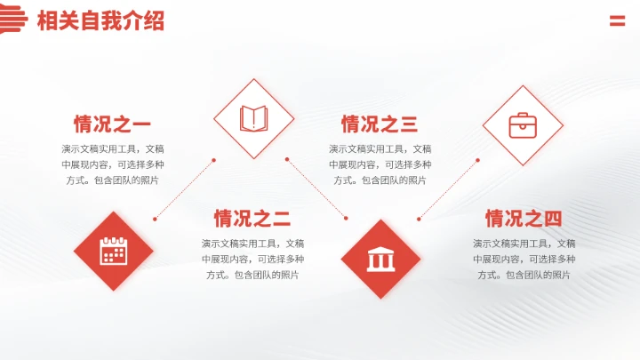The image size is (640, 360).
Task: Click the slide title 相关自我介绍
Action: coord(100,21)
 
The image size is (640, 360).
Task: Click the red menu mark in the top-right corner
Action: coord(617,21)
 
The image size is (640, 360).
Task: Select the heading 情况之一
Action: coord(112,124)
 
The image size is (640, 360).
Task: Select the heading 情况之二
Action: coord(252,219)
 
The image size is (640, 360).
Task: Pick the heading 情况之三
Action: coord(380,124)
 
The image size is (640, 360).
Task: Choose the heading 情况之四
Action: coord(524,219)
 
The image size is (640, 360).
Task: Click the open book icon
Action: coord(254,118)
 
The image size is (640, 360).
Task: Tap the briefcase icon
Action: coord(523,125)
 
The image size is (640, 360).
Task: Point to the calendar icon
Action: coord(114,251)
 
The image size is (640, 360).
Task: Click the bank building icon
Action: coord(381,259)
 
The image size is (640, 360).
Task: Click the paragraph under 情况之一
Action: coord(112,164)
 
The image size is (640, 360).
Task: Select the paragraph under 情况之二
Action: coord(252,259)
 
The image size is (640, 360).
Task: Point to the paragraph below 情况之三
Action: coord(380,164)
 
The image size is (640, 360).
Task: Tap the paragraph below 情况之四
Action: coord(524,259)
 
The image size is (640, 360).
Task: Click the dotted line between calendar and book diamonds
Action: coord(184,189)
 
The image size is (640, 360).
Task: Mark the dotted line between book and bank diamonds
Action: coord(317,188)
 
